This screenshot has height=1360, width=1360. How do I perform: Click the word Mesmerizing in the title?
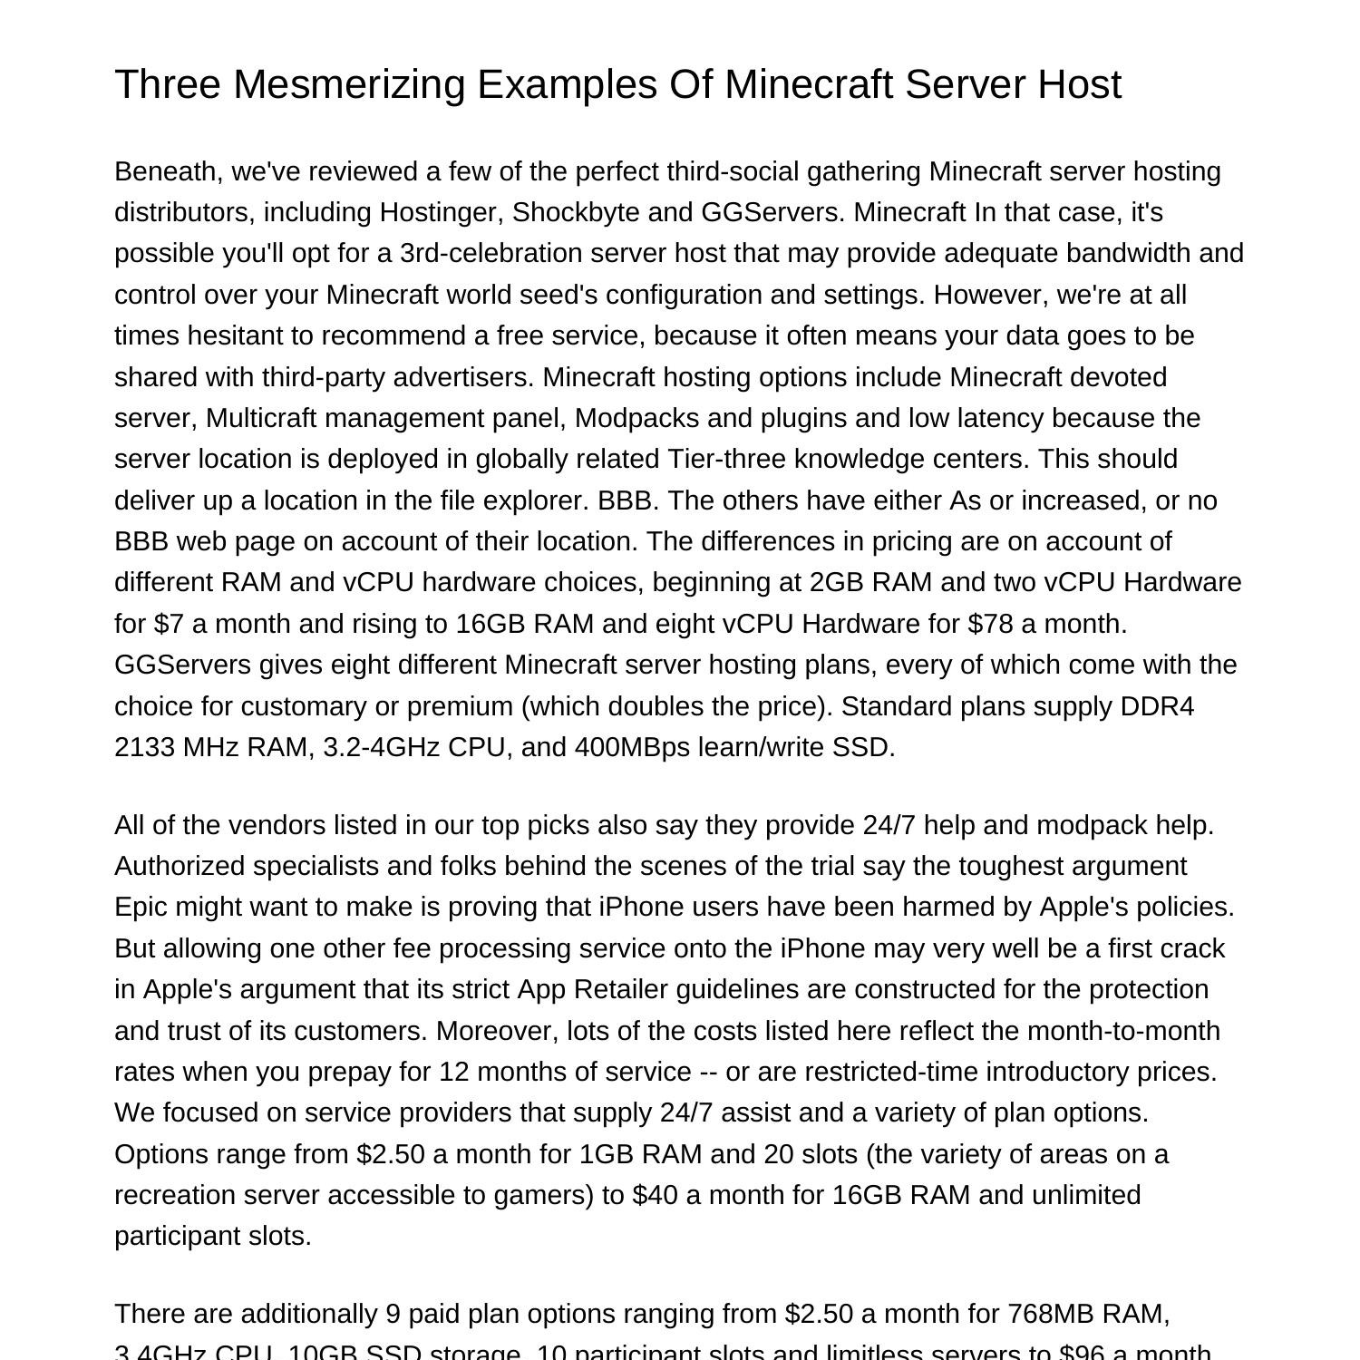pyautogui.click(x=355, y=84)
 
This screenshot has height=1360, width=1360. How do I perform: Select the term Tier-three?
pyautogui.click(x=727, y=459)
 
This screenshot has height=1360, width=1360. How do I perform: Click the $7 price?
pyautogui.click(x=169, y=624)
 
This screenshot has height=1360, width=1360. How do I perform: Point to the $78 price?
pyautogui.click(x=990, y=624)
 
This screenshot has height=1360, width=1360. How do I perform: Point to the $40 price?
pyautogui.click(x=656, y=1195)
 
